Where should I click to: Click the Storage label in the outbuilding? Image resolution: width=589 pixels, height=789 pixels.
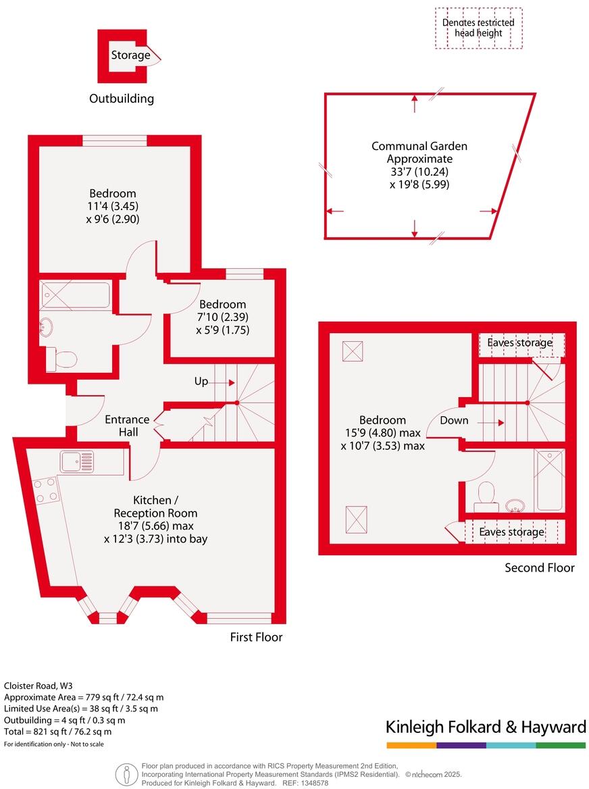coord(130,55)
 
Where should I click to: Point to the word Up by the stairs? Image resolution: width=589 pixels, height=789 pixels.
coord(201,382)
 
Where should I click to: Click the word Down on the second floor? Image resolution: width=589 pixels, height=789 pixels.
coord(454,420)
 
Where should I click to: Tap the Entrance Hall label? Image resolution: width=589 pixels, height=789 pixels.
coord(127,425)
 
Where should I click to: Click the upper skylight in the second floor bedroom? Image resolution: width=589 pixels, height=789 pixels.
coord(352,351)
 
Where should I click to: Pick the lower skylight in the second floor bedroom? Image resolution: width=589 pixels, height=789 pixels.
coord(357,519)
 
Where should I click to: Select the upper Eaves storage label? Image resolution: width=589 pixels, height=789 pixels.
coord(519,343)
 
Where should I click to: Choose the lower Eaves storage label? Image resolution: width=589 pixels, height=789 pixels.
coord(511,532)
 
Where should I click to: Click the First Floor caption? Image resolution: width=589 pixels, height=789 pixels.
coord(255,637)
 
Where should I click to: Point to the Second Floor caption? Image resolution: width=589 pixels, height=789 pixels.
coord(540,567)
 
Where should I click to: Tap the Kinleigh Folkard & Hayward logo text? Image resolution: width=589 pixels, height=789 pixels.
coord(486,727)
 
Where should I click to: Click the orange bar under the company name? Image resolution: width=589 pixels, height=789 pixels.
coord(411,745)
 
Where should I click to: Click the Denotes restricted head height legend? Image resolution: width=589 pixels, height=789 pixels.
coord(478,28)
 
